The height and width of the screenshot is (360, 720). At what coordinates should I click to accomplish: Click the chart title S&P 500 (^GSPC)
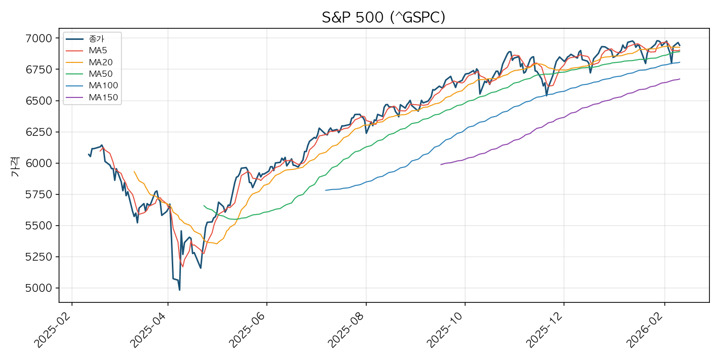384,18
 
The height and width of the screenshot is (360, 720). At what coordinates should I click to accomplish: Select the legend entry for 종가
96,38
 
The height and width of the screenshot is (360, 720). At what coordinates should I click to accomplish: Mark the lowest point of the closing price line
180,290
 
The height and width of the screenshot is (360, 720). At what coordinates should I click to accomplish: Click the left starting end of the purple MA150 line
441,165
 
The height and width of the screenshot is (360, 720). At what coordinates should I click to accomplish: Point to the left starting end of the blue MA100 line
325,191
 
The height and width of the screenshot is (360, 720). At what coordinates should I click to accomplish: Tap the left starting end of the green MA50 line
204,205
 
